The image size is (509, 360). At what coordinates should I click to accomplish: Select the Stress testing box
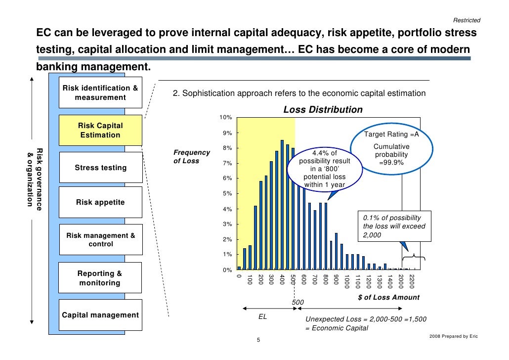(100, 168)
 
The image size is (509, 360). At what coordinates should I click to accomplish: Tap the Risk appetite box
(100, 202)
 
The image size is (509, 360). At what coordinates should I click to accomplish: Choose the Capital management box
(100, 315)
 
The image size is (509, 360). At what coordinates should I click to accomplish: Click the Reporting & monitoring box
(100, 278)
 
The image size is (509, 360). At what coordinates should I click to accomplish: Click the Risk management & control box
(100, 240)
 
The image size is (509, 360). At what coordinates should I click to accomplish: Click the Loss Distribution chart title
(323, 110)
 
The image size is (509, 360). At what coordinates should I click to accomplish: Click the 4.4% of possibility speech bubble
(324, 169)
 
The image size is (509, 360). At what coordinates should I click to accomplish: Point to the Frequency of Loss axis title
(192, 157)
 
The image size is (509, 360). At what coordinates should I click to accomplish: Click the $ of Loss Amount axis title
(388, 297)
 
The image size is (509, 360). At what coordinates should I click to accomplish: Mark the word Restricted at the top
(467, 20)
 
